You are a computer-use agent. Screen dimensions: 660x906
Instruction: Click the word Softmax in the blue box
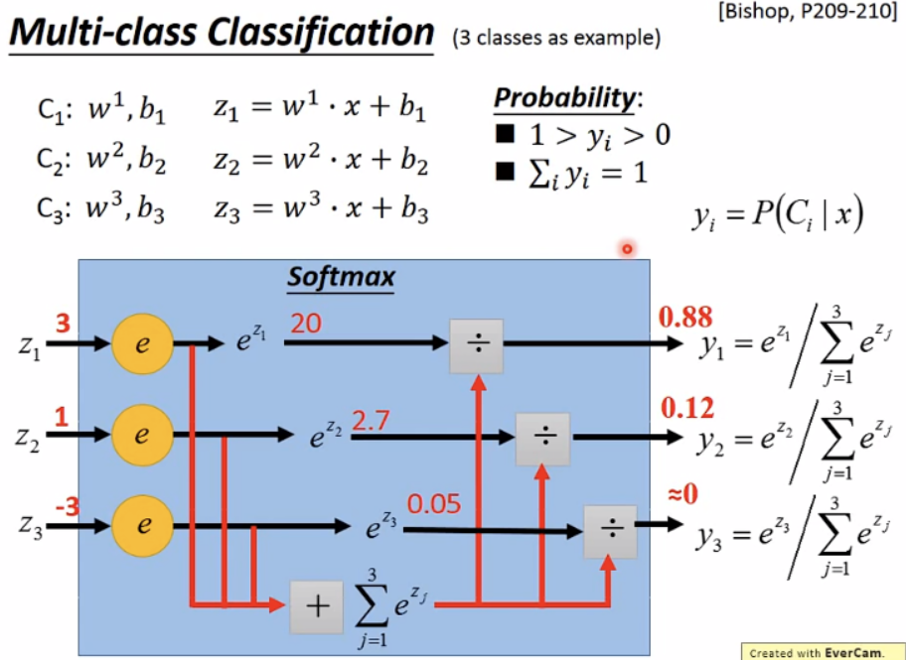click(341, 276)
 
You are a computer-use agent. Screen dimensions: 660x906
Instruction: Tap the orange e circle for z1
click(141, 344)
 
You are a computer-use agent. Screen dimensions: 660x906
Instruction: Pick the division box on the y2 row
click(542, 437)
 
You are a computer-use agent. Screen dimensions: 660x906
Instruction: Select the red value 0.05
click(434, 504)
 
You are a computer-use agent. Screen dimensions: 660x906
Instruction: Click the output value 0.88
click(684, 318)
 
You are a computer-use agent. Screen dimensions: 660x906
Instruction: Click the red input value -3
click(68, 507)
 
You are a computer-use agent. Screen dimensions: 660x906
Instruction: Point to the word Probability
click(564, 99)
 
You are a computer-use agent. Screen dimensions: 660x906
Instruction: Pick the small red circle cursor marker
click(627, 249)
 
